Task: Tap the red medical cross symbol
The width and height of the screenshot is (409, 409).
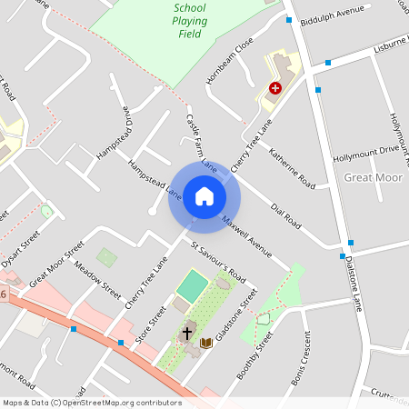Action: point(274,88)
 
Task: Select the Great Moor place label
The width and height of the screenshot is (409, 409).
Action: point(374,176)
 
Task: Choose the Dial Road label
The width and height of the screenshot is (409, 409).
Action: point(286,215)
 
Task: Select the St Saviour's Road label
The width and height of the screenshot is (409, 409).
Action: point(218,262)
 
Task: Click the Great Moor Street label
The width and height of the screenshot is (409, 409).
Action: point(56,264)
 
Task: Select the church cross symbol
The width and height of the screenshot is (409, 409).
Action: point(187,334)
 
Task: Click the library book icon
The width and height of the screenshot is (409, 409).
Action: point(207,343)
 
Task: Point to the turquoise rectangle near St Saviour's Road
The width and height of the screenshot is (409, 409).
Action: point(193,286)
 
